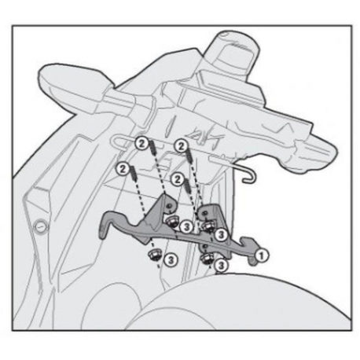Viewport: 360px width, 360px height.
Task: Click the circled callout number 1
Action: pyautogui.click(x=261, y=255)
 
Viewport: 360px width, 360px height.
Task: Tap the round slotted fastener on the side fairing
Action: pyautogui.click(x=42, y=225)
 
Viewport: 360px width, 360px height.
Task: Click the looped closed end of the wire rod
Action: pyautogui.click(x=113, y=143)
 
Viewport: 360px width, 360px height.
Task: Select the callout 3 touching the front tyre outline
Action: pyautogui.click(x=221, y=266)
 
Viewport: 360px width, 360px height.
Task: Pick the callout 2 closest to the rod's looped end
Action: pyautogui.click(x=141, y=144)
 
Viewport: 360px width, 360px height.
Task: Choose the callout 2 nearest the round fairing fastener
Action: pyautogui.click(x=123, y=169)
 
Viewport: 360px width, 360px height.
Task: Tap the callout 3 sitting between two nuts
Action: pyautogui.click(x=186, y=226)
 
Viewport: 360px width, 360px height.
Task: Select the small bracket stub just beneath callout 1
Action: pyautogui.click(x=253, y=262)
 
